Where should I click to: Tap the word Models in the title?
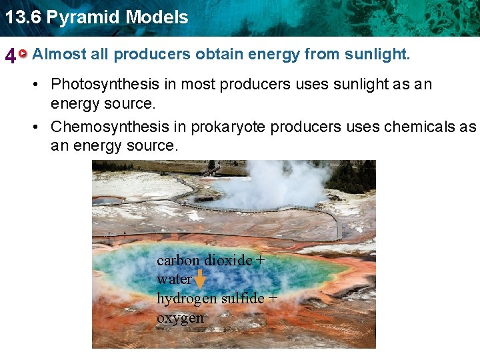coord(158,17)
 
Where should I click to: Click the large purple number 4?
coord(10,56)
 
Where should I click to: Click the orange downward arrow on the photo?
coord(199,279)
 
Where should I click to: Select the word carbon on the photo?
coord(177,261)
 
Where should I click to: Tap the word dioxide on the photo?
coord(227,261)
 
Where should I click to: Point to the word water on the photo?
coord(173,279)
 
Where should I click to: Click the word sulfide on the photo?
coord(242,298)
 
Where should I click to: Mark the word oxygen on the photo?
coord(180,318)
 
